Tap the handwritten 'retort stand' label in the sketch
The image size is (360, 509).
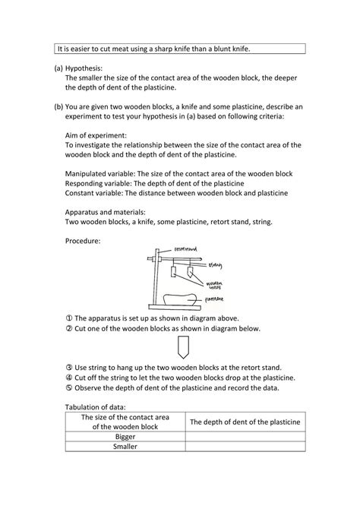[186, 248]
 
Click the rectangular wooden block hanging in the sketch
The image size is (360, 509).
[176, 270]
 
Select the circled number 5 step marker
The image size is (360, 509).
[69, 388]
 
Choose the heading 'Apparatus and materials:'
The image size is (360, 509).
[106, 213]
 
